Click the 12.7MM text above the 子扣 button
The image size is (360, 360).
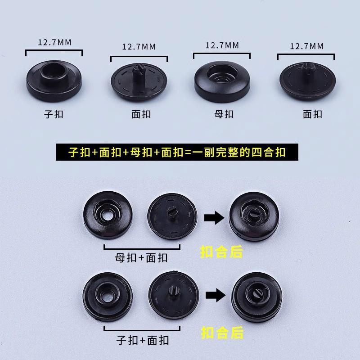coord(54,43)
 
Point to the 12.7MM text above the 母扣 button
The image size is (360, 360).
coord(222,45)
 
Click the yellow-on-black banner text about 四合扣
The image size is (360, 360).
coord(176,152)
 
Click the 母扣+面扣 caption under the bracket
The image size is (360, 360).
coord(141,258)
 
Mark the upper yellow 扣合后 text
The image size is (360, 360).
coord(221,252)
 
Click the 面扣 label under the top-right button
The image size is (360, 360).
coord(312,114)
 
